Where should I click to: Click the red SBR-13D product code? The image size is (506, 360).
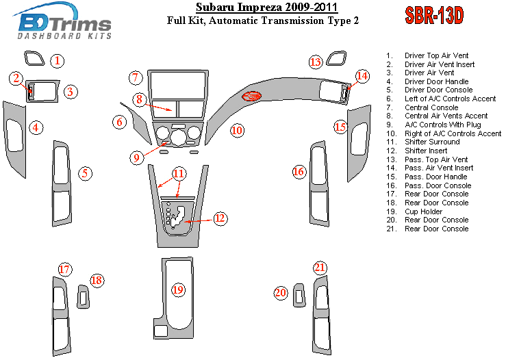pos(434,15)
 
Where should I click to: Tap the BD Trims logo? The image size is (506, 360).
pos(63,21)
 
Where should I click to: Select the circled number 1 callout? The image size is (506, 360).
pos(57,61)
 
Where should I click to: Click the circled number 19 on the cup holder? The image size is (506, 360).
pos(178,290)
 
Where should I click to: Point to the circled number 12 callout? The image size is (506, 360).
pos(220,218)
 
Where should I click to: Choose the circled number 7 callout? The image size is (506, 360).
pos(136,78)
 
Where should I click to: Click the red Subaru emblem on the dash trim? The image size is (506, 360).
pos(252,96)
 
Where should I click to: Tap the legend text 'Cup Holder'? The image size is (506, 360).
pos(423,211)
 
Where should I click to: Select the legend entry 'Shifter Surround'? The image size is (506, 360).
pos(432,142)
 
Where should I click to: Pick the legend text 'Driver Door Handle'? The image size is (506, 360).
pos(437,81)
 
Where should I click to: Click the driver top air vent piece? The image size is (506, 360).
pos(34,58)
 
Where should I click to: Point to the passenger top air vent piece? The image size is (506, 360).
pos(337,58)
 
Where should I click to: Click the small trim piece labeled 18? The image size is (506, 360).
pos(84,296)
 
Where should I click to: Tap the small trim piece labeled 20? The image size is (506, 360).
pos(299,295)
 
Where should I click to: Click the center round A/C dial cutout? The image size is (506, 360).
pos(178,138)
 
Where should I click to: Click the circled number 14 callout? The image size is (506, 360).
pos(362,76)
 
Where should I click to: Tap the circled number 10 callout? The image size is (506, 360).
pos(237,130)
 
